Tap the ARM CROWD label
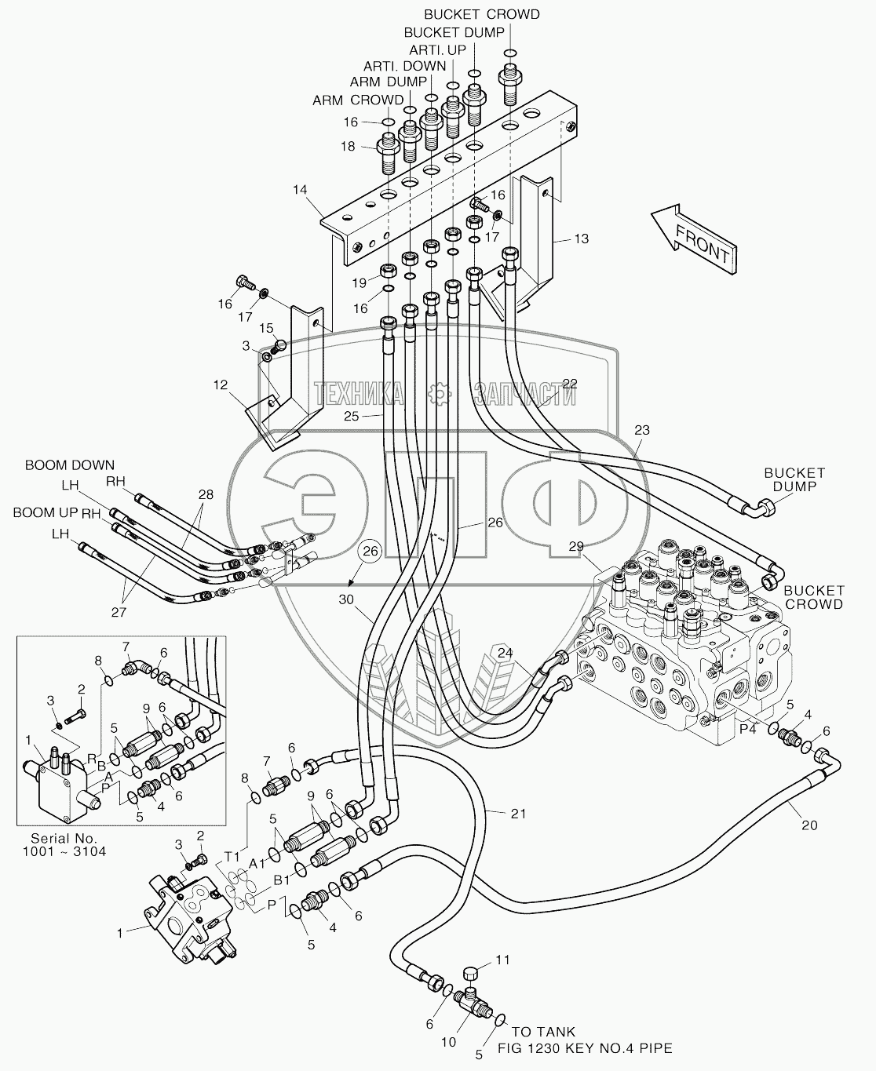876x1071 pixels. coord(358,100)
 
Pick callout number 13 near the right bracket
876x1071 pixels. coord(582,239)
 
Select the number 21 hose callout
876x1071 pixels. coord(518,813)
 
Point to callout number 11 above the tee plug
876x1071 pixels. coord(502,959)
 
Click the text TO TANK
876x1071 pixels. coord(544,1032)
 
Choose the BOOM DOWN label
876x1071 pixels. coord(69,465)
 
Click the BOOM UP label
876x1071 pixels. coord(46,513)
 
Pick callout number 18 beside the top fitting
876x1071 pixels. coord(347,147)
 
